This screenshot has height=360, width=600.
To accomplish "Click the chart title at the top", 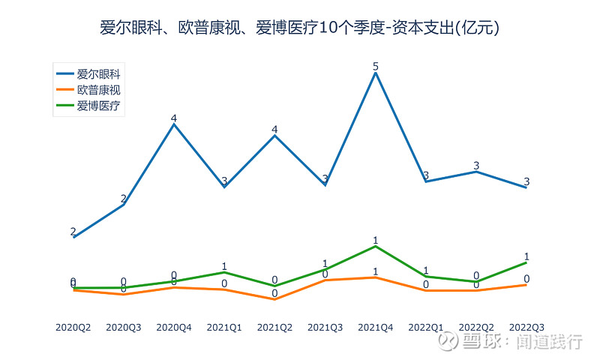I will [x=300, y=28].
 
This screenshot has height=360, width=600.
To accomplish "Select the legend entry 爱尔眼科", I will [x=98, y=74].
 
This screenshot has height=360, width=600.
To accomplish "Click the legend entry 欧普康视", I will [x=98, y=90].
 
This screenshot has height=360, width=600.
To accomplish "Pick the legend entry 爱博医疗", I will [x=98, y=106].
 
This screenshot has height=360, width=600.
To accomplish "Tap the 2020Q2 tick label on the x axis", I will [x=73, y=328].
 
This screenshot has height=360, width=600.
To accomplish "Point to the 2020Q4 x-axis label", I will [x=174, y=328].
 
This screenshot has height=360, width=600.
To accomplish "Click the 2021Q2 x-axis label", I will [x=274, y=328].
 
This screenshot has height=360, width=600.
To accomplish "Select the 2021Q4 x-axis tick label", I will [x=375, y=328].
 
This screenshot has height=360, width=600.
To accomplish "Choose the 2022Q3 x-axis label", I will [x=526, y=328].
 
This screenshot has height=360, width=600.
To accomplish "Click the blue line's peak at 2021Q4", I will [x=375, y=73].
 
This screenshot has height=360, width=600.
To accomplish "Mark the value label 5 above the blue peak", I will [x=375, y=66].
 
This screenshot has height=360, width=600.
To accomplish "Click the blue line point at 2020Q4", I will [x=174, y=124].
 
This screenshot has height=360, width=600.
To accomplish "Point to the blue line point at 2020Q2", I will [x=73, y=237].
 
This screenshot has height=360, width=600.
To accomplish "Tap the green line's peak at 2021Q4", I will [x=375, y=247].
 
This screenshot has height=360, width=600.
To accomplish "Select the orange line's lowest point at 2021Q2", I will [x=274, y=299].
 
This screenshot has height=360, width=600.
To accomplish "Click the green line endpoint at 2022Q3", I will [x=526, y=262].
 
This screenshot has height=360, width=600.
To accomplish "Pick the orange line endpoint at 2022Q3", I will [x=526, y=285].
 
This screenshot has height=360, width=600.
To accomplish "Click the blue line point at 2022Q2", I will [x=475, y=172].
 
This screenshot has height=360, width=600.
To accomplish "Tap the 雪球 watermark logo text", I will [x=477, y=342].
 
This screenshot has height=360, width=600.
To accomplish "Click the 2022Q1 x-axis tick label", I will [x=425, y=328].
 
